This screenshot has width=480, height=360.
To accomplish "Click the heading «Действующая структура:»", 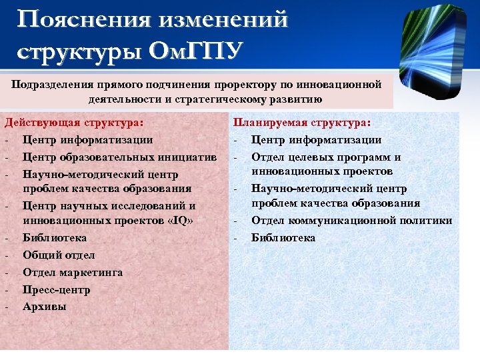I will pos(74,123).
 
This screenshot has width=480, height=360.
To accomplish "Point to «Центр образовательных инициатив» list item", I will pos(119,157).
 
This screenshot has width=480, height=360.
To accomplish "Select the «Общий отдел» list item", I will pos(59,255).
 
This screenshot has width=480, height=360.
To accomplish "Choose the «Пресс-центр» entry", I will pos(57,290).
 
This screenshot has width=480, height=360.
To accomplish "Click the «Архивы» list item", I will pos(45,307).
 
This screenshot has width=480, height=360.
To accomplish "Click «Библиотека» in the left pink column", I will pos(55,237).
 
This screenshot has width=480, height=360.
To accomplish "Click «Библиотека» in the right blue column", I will pos(283,238).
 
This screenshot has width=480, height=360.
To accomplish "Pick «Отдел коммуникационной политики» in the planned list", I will pos(351,221).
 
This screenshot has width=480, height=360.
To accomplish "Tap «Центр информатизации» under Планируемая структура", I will pos(316,140).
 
